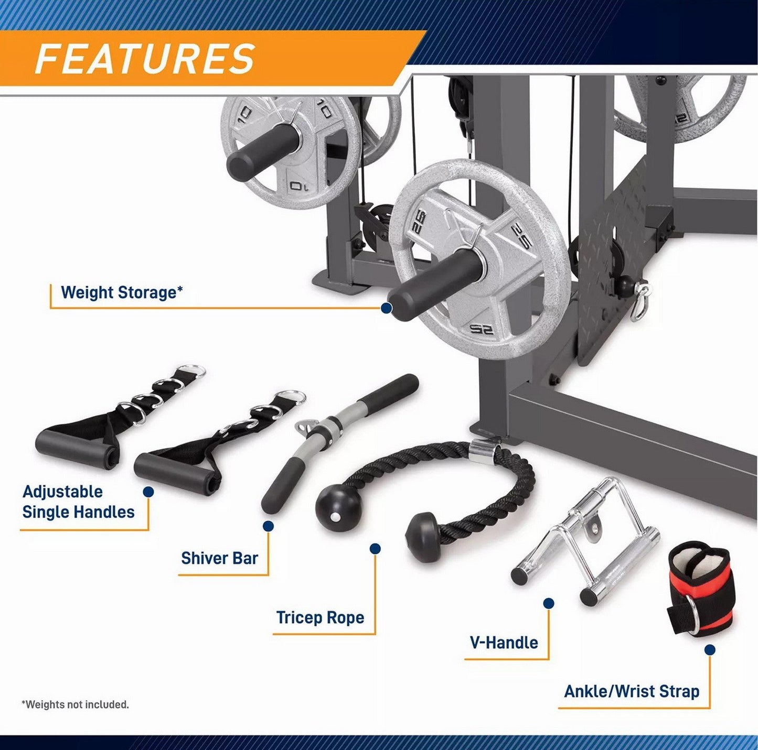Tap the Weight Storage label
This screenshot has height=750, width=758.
[122, 292]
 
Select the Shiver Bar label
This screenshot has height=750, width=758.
[219, 558]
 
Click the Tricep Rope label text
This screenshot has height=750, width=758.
[320, 617]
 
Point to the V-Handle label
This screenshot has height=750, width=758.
[504, 643]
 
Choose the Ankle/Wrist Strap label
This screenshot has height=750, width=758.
[632, 692]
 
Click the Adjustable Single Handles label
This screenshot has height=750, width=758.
[78, 502]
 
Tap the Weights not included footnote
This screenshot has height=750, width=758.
[75, 705]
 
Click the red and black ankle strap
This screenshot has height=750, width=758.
[699, 590]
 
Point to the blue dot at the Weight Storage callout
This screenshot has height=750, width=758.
[387, 308]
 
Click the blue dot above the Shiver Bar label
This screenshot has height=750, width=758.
[268, 526]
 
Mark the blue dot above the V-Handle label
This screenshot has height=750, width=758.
[549, 603]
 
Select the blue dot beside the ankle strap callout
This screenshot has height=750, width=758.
[710, 650]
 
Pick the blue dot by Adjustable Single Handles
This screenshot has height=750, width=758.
[148, 492]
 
